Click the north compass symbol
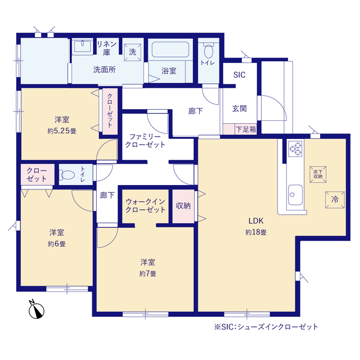36,310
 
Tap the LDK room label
256,221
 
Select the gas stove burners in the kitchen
295,148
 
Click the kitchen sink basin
295,195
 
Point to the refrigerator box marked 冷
335,200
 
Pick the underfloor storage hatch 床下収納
318,174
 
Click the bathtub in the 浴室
170,49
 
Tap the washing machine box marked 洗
133,52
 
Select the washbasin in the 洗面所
82,47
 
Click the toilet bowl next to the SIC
209,51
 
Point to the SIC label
239,75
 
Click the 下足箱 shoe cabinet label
246,129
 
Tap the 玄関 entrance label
239,109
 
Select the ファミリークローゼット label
145,141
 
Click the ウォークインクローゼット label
146,206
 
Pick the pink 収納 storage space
183,206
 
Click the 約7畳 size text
147,274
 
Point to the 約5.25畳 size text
62,131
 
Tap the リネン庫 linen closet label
106,48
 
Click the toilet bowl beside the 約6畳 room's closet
67,175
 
